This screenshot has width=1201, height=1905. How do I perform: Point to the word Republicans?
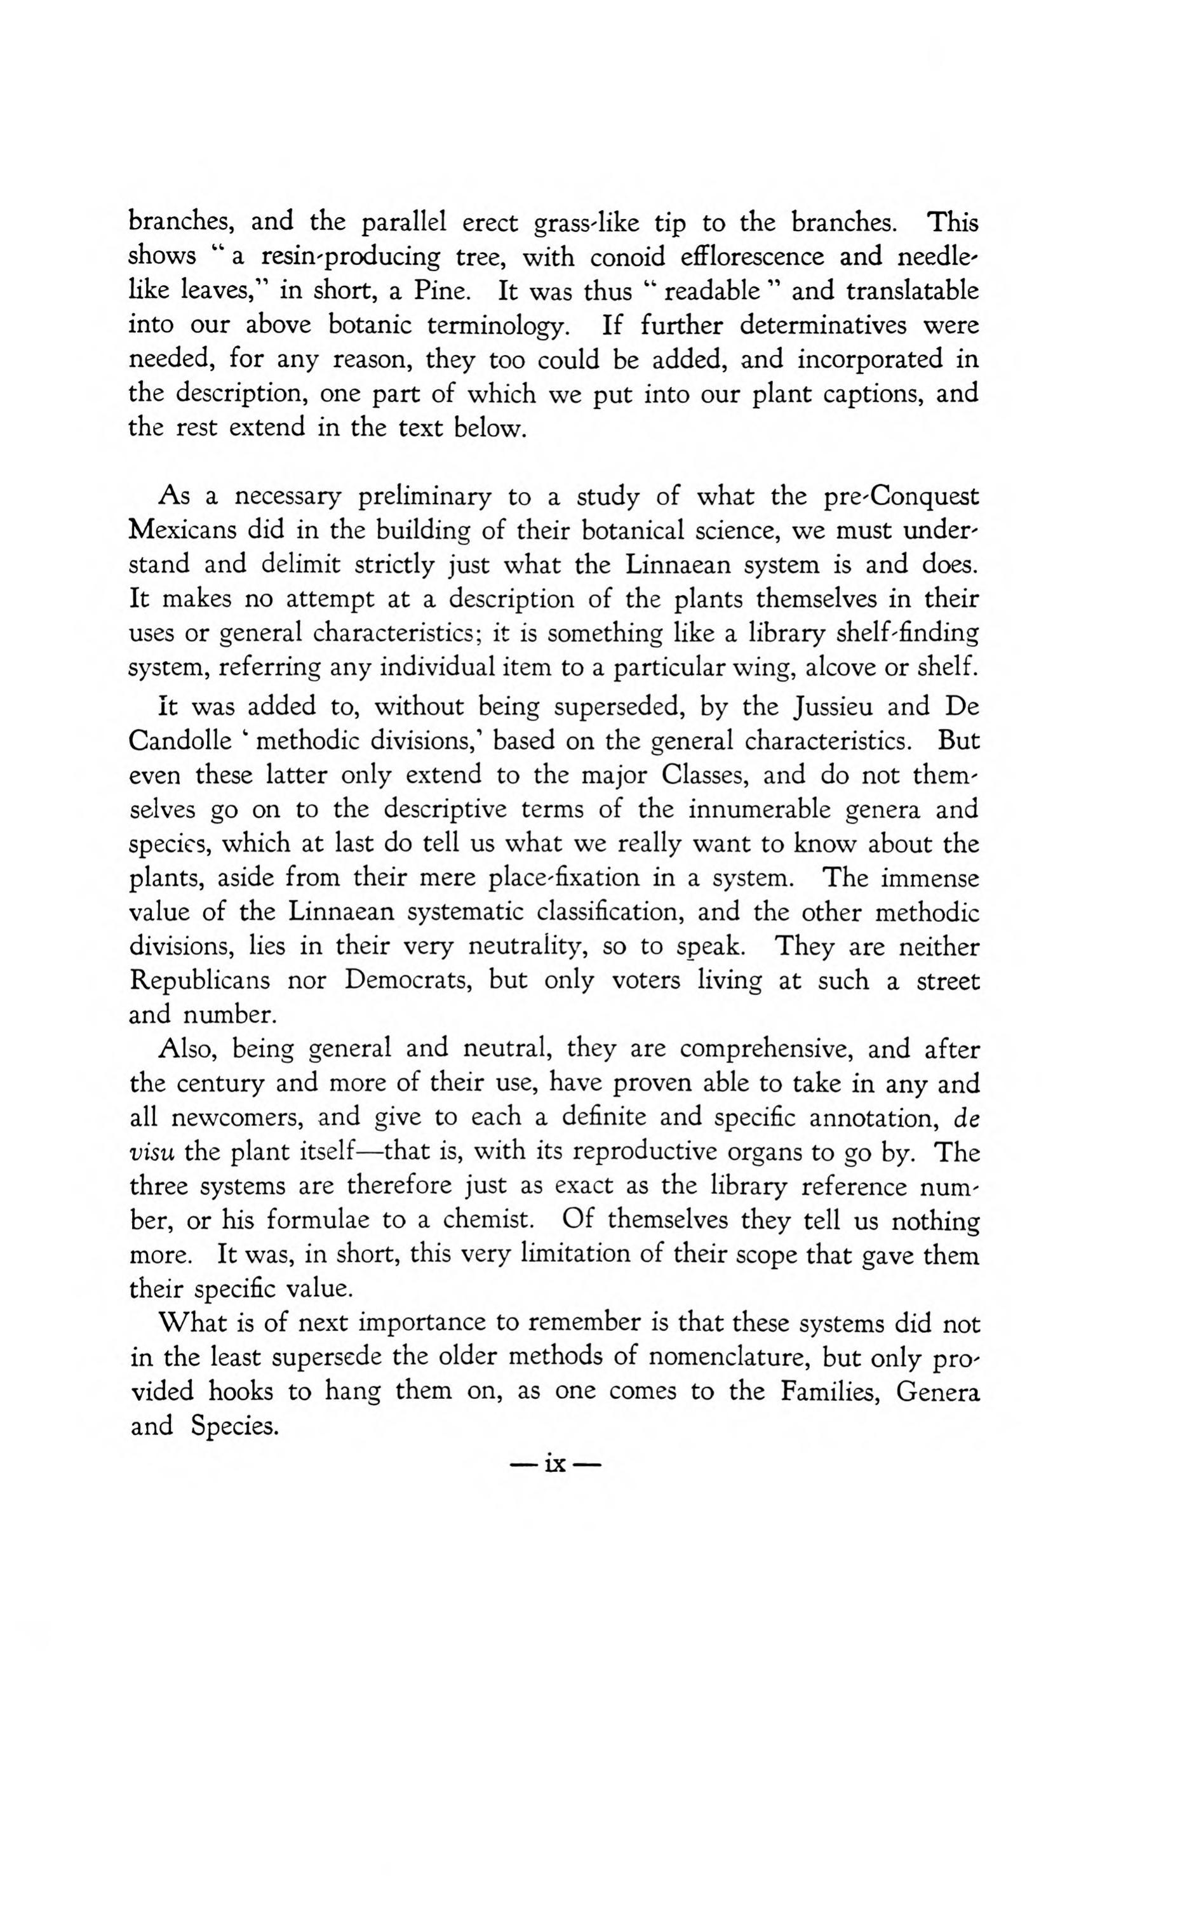(x=199, y=980)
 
